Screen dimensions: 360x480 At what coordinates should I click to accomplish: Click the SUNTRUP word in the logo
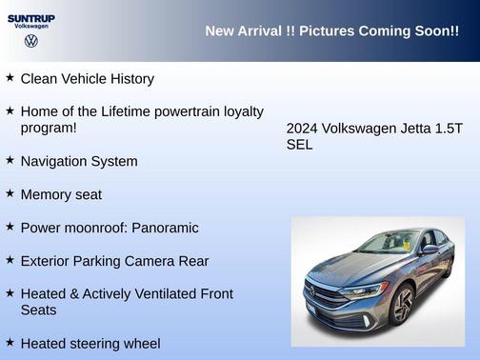coord(30,17)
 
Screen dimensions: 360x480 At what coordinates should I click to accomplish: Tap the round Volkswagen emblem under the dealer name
coord(30,43)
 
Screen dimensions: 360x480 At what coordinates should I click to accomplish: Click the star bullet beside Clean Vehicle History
coord(10,78)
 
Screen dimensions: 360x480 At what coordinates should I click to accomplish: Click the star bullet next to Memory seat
coord(10,193)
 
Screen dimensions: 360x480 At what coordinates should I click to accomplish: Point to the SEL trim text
coord(299,145)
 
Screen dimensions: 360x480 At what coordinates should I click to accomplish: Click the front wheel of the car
coord(403,306)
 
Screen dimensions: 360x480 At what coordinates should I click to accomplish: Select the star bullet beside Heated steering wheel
coord(10,342)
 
